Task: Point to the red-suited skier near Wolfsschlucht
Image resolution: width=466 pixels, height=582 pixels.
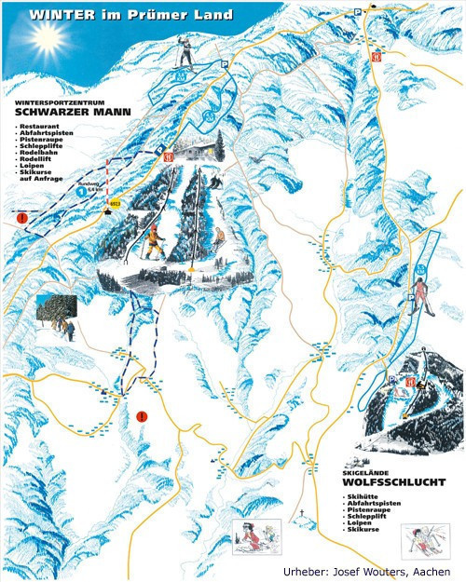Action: point(421,294)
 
